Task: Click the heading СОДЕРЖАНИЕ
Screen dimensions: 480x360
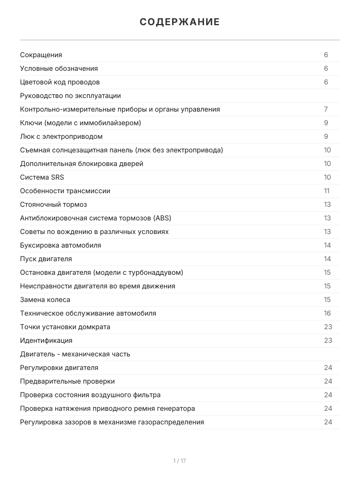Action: coord(180,22)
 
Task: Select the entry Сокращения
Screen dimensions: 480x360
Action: coord(41,55)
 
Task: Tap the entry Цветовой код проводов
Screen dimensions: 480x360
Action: coord(60,82)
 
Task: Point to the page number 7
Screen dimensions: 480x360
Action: coord(326,110)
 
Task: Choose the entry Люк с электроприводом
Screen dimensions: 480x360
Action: coord(61,137)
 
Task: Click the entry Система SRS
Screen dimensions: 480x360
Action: coord(42,178)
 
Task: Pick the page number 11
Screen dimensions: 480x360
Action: coord(327,191)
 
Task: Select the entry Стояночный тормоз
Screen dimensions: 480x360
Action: coord(54,205)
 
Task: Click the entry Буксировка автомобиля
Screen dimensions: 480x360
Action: coord(60,246)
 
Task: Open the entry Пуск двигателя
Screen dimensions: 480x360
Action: coord(46,259)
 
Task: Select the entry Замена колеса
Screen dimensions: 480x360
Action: coord(45,300)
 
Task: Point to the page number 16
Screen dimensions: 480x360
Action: coord(328,314)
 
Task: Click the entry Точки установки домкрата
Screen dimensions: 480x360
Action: coord(65,327)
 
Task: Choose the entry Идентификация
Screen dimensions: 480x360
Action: coord(46,341)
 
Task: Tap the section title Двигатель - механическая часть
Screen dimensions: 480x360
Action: coord(75,354)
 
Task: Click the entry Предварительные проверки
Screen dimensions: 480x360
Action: coord(67,382)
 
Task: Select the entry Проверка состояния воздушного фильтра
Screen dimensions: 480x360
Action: coord(90,395)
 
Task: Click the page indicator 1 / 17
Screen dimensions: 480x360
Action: coord(180,461)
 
